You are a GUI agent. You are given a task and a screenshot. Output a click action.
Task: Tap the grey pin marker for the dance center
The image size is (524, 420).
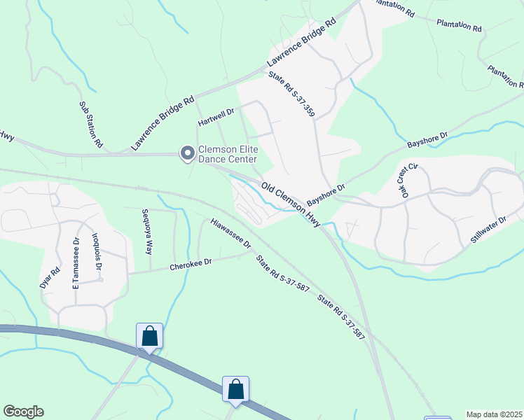pos(187,153)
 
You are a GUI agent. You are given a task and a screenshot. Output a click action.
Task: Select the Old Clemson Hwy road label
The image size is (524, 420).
pos(290,204)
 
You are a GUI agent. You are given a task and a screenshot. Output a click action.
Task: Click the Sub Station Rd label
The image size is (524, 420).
pos(91,125)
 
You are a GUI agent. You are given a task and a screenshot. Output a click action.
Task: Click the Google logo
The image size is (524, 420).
pos(23,412)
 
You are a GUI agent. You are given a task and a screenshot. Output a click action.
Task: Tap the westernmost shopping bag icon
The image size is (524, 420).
pos(150,336)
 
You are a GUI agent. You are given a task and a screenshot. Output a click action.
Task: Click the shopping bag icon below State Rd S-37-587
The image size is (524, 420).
pos(236,389)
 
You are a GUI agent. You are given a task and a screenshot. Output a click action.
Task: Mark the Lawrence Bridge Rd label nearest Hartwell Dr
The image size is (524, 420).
pos(162,125)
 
